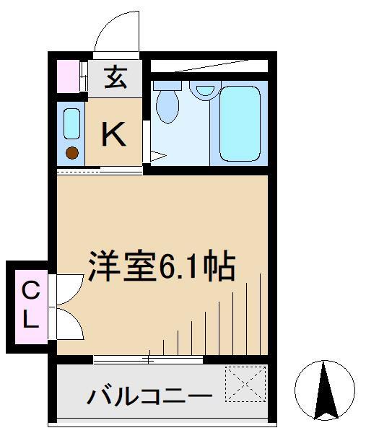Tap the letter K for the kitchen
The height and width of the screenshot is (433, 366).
click(x=113, y=134)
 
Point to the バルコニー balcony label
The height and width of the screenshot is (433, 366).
click(x=150, y=396)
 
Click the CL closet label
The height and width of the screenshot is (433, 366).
click(x=29, y=306)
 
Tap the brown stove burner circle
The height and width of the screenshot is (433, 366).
click(x=71, y=152)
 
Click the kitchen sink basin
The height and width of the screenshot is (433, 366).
click(x=71, y=124)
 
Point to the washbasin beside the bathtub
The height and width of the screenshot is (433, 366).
click(x=204, y=90)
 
